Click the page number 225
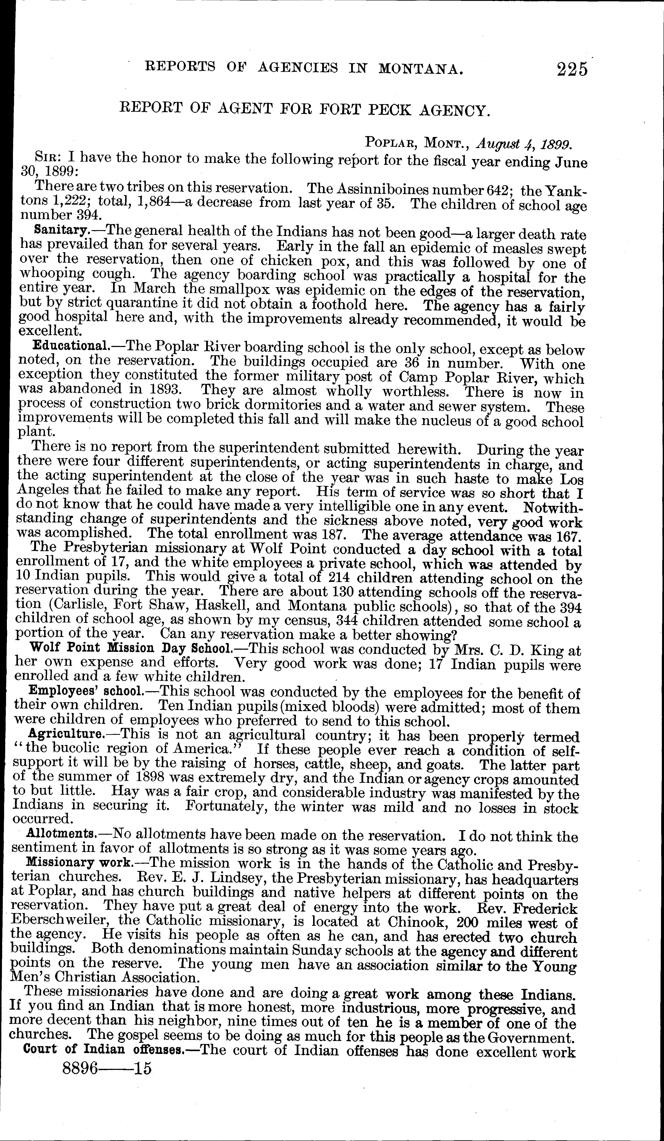point(572,70)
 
